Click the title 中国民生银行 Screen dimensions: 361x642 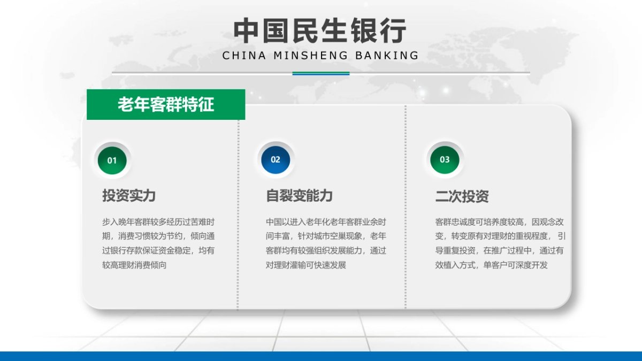(320, 31)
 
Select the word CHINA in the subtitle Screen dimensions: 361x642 (244, 55)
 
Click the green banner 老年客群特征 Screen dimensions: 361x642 (166, 104)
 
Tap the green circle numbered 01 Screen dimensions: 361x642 (112, 160)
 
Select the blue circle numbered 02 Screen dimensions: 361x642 (276, 159)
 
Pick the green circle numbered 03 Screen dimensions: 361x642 (445, 159)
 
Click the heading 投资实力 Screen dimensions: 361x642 (129, 195)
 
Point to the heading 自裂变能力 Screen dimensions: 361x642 (300, 195)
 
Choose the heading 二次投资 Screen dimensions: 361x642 (462, 196)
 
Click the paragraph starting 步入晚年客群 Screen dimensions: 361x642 (158, 243)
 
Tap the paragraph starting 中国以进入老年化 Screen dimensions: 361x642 (326, 243)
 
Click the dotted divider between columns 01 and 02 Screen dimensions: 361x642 (238, 214)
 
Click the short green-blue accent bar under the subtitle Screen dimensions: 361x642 (321, 73)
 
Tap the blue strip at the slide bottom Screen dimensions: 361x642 (321, 356)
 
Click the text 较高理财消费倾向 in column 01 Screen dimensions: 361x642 (134, 265)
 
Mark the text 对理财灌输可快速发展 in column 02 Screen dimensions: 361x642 (306, 265)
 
